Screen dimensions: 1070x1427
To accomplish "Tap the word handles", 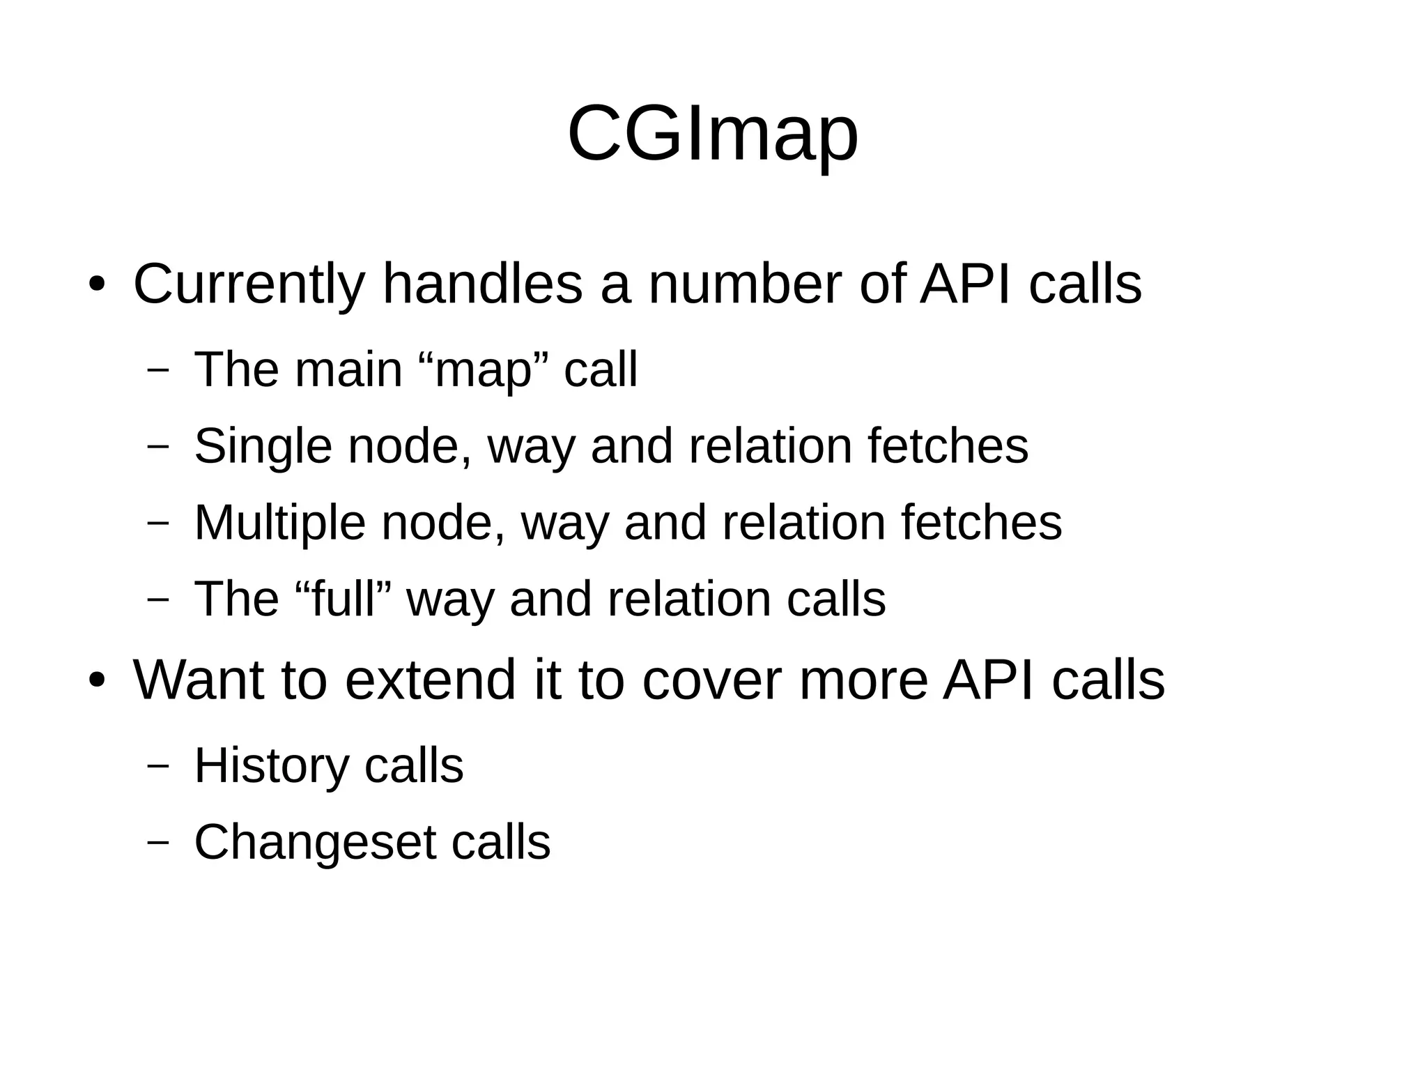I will (x=482, y=284).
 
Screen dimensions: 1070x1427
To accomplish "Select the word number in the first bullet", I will (x=744, y=284).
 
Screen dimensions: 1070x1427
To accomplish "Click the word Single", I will (x=263, y=446).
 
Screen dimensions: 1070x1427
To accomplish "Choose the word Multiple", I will (x=279, y=523).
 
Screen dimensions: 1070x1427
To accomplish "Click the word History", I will (x=271, y=765).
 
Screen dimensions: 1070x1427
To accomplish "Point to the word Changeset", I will (x=314, y=842).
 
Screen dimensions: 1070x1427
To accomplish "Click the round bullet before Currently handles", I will (x=96, y=286).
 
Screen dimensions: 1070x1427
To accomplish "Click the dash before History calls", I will (x=158, y=765).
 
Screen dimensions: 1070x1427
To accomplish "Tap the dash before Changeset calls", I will (x=158, y=842).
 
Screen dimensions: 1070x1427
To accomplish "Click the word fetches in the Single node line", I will (x=948, y=446).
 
